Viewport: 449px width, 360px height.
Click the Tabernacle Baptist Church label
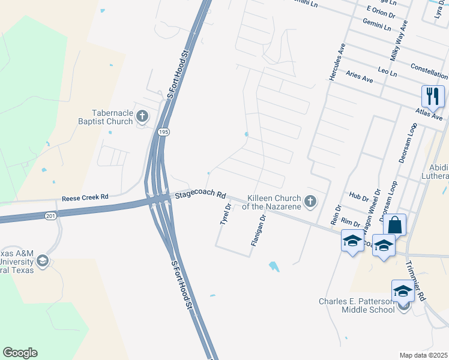pyautogui.click(x=112, y=117)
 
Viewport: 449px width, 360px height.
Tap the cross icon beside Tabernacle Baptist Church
pyautogui.click(x=142, y=116)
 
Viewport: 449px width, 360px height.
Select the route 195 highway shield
pyautogui.click(x=163, y=131)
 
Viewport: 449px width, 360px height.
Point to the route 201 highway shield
pyautogui.click(x=50, y=215)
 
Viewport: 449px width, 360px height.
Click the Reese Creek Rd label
pyautogui.click(x=85, y=197)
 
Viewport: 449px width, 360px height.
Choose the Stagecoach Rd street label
pyautogui.click(x=200, y=195)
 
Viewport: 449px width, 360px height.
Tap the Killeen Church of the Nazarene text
pyautogui.click(x=273, y=202)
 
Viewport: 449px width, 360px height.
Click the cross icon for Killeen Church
pyautogui.click(x=310, y=202)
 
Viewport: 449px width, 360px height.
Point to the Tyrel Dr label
pyautogui.click(x=225, y=214)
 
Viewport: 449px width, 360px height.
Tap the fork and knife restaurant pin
pyautogui.click(x=432, y=96)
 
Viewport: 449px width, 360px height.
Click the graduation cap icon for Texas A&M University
pyautogui.click(x=43, y=261)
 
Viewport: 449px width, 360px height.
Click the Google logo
pyautogui.click(x=20, y=353)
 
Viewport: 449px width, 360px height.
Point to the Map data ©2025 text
pyautogui.click(x=424, y=355)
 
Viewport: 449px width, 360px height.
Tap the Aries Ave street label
pyautogui.click(x=360, y=76)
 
